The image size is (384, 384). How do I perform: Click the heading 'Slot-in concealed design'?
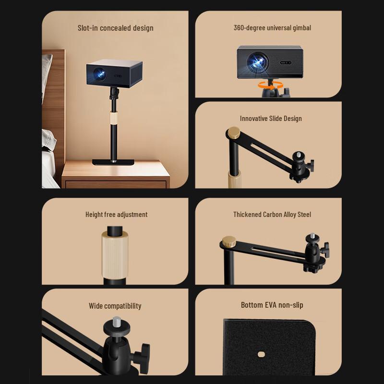(x=116, y=28)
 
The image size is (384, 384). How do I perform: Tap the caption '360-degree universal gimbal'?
(x=272, y=28)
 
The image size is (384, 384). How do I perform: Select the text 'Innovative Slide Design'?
(x=271, y=119)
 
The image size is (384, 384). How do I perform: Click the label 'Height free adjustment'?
(x=116, y=215)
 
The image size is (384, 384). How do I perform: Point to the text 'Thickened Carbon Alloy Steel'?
(x=272, y=215)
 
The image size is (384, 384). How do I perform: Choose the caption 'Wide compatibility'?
(x=115, y=306)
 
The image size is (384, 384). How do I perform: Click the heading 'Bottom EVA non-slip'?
(x=272, y=305)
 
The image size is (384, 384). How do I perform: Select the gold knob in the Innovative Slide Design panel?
(x=234, y=132)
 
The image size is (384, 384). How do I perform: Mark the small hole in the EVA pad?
(x=262, y=354)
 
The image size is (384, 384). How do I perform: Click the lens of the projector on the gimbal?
(x=254, y=60)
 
